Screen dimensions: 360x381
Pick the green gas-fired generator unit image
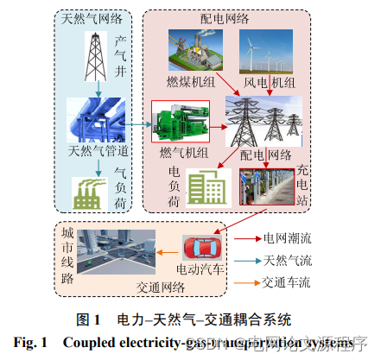click(x=183, y=122)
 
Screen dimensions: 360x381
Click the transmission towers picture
click(x=260, y=120)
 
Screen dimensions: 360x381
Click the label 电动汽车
click(x=201, y=269)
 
